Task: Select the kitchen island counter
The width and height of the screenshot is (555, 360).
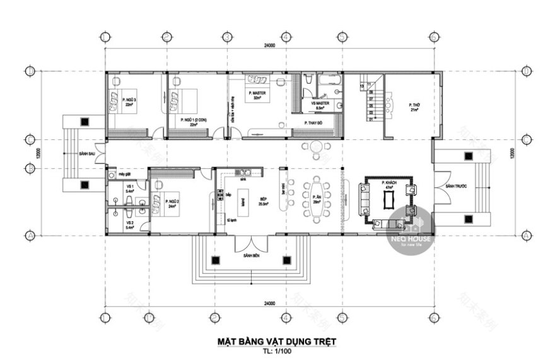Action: pyautogui.click(x=242, y=203)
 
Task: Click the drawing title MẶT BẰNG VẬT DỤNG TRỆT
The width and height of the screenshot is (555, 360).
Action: pyautogui.click(x=277, y=340)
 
